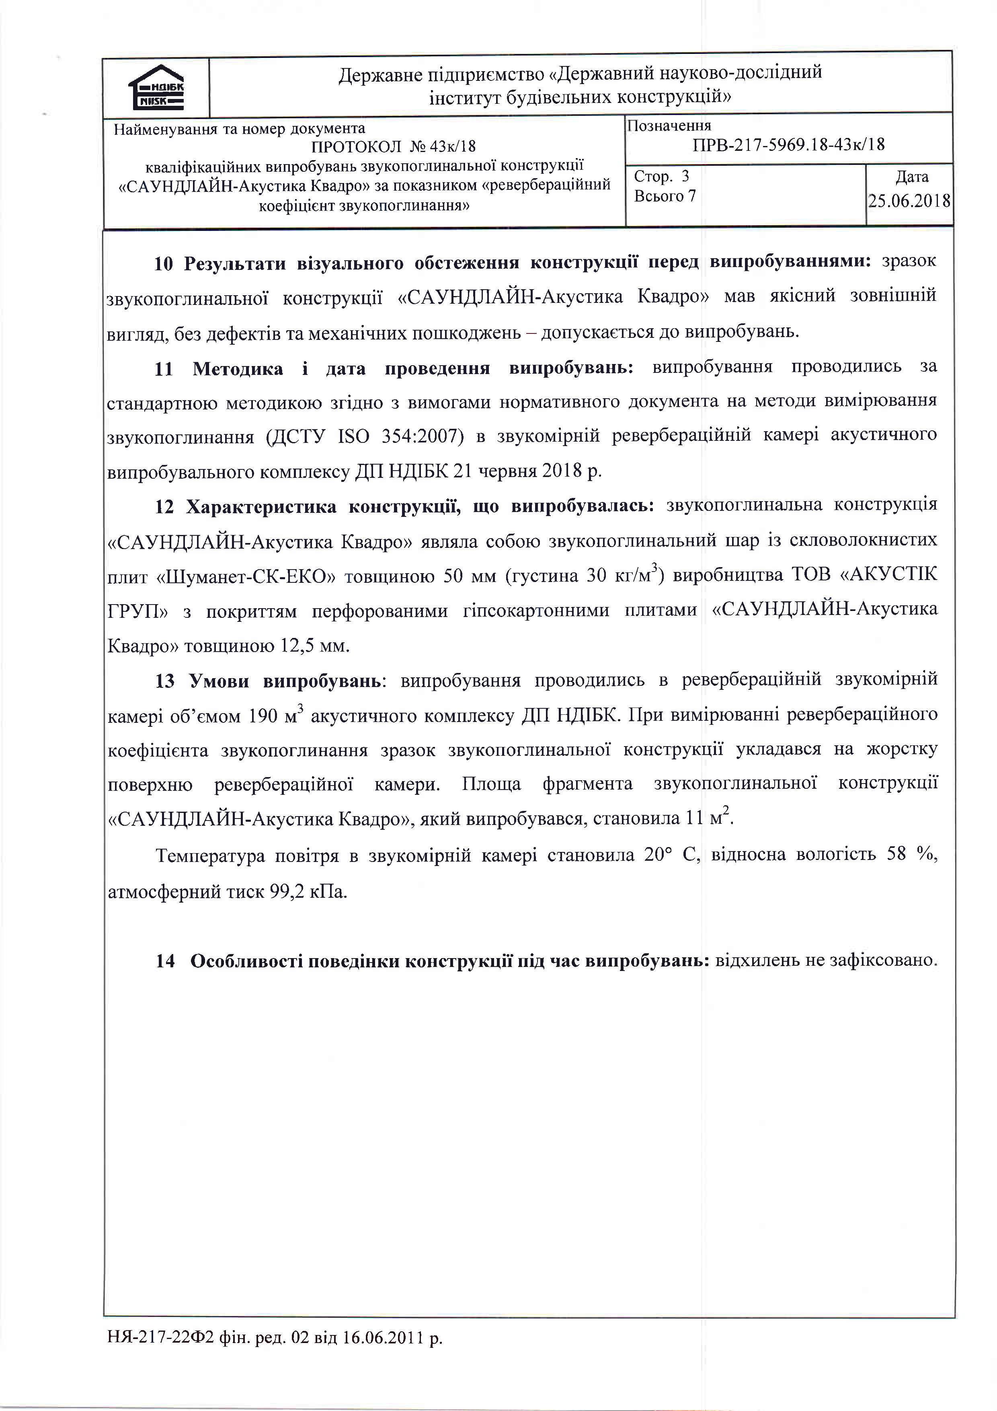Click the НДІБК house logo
click(156, 87)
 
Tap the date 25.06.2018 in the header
click(909, 201)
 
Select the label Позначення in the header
click(669, 126)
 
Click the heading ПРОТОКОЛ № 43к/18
click(393, 146)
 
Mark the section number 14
click(165, 961)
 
